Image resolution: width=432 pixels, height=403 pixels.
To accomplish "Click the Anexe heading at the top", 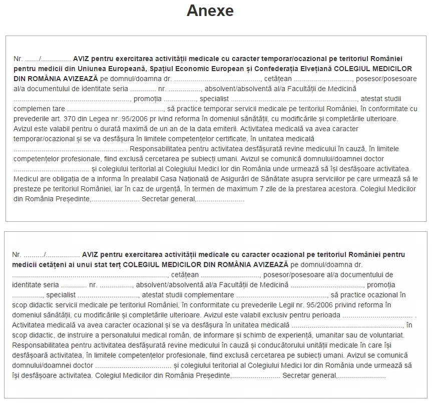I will point(210,11).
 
